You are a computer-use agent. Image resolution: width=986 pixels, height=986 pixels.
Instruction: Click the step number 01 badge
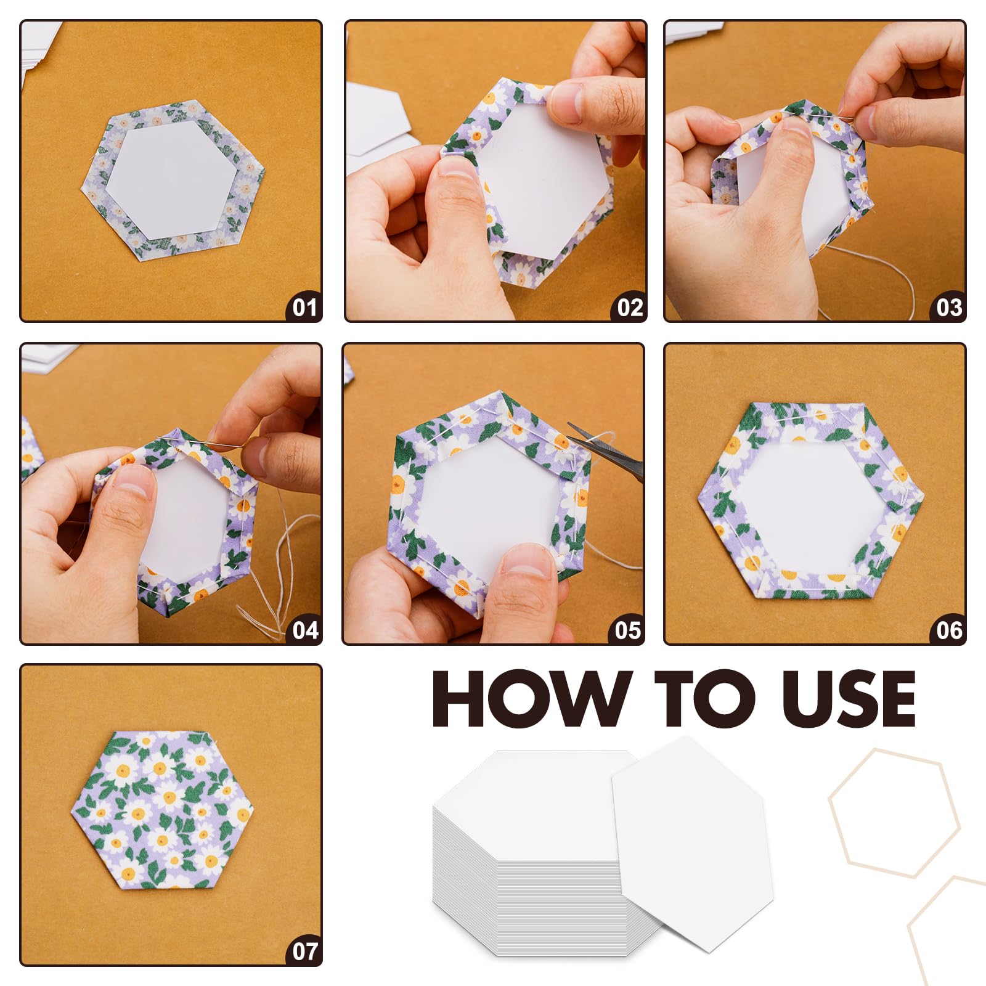click(304, 306)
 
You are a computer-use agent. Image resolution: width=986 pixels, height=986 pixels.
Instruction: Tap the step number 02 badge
click(629, 306)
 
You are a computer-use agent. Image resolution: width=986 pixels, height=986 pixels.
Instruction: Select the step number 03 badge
click(948, 306)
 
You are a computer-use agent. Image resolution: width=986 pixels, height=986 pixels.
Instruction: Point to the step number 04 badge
click(304, 629)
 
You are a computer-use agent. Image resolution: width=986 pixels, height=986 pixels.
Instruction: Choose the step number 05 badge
click(627, 629)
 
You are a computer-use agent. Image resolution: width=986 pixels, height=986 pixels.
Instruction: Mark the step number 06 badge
click(948, 629)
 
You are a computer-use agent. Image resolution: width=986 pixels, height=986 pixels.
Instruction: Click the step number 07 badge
click(304, 950)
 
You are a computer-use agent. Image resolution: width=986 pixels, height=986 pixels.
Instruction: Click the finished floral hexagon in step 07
click(163, 810)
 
